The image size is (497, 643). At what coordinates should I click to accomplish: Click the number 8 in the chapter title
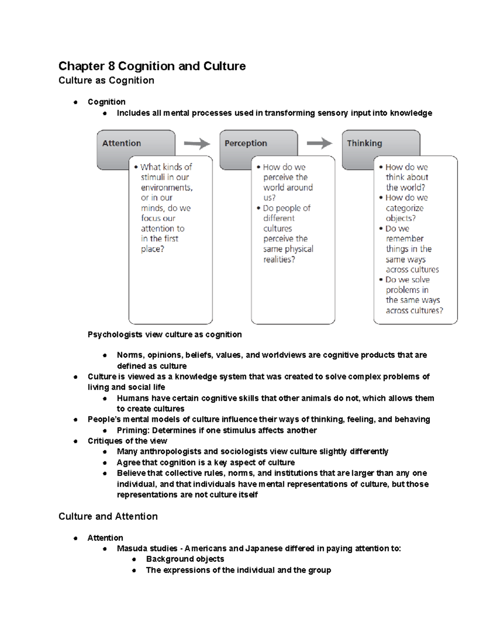(x=111, y=66)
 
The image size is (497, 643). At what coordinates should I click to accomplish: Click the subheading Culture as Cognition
(x=106, y=80)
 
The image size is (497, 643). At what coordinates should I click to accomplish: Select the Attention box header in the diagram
(x=121, y=143)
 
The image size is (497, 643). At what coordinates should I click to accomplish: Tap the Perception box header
(x=246, y=143)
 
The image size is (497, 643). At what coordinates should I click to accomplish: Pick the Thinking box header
(x=364, y=143)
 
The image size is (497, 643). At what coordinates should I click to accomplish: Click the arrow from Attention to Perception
(x=197, y=144)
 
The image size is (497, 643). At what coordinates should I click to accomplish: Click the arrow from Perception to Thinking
(x=319, y=144)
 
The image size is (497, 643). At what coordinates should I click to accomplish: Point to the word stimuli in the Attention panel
(x=152, y=177)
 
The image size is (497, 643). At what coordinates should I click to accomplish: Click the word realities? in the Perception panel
(x=279, y=260)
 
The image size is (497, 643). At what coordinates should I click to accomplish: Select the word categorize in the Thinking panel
(x=405, y=208)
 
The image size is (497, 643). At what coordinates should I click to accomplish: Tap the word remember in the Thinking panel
(x=405, y=239)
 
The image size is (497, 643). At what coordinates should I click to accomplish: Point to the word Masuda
(x=130, y=549)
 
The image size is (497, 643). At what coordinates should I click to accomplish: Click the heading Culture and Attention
(x=108, y=516)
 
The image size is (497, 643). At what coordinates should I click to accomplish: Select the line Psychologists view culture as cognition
(x=164, y=335)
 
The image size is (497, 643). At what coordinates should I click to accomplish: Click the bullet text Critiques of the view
(x=127, y=441)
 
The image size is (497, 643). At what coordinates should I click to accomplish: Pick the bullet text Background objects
(x=185, y=559)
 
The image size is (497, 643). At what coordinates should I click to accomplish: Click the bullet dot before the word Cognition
(x=75, y=102)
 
